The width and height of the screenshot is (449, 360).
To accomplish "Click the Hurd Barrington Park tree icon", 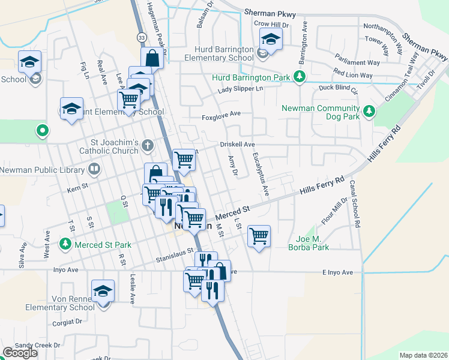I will pos(299,77).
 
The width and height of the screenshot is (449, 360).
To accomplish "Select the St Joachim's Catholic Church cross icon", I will pos(148,146).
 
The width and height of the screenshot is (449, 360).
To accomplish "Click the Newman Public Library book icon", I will pos(93,170).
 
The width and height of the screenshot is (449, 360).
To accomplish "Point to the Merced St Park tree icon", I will pos(65,244).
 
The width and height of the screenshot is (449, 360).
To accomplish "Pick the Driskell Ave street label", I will pos(237,145).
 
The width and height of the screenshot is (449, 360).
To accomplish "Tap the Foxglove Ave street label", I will pos(221,113).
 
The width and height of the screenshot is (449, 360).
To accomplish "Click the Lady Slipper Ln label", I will pos(241,89).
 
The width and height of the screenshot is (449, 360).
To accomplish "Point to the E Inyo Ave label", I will pos(341,272).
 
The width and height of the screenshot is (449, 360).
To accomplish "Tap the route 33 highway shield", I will pos(141,37).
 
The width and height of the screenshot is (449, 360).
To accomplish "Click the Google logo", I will pos(20,353).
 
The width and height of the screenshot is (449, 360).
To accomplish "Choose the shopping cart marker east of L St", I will pos(259,236).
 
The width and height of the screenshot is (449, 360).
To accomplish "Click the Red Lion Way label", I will pos(353,76).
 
